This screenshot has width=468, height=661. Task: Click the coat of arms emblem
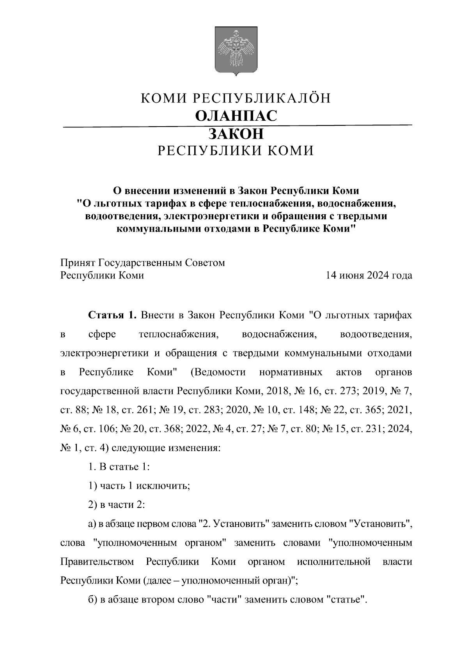(x=236, y=51)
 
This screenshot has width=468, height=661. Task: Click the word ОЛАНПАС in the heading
(x=236, y=116)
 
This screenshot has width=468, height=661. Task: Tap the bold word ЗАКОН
(x=236, y=134)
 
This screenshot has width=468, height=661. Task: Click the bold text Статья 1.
(x=112, y=315)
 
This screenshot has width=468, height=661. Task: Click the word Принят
(x=77, y=263)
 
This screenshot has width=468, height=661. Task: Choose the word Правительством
(x=97, y=562)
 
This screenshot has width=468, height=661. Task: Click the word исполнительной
(x=333, y=562)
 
